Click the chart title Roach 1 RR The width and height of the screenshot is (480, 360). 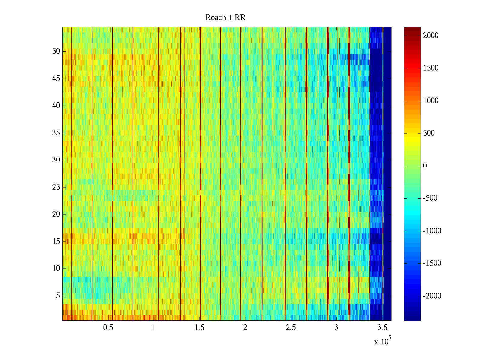coord(225,18)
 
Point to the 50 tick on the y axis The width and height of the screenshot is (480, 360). coord(56,51)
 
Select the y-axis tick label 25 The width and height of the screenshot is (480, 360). coord(56,187)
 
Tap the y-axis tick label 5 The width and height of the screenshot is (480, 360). coord(58,296)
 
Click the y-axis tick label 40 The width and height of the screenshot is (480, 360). coord(56,106)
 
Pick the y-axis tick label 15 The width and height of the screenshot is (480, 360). coord(56,241)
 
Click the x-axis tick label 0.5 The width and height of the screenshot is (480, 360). coord(108,328)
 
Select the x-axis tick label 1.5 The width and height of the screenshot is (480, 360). coord(199,328)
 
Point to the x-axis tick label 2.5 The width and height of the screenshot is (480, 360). coord(291,328)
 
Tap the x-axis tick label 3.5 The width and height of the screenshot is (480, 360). coord(382,328)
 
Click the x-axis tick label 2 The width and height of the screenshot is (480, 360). coord(245,328)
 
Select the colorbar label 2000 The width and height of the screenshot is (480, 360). coord(431,36)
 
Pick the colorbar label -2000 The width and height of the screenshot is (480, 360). coord(432,296)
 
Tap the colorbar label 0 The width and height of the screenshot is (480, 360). coord(425,166)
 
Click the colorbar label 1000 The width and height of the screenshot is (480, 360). coord(431,101)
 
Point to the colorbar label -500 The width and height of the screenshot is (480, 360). coord(430,198)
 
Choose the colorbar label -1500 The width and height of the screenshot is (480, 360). coord(432,263)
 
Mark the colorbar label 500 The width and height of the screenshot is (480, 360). coord(429,133)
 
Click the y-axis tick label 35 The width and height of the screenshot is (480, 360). coord(56,133)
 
